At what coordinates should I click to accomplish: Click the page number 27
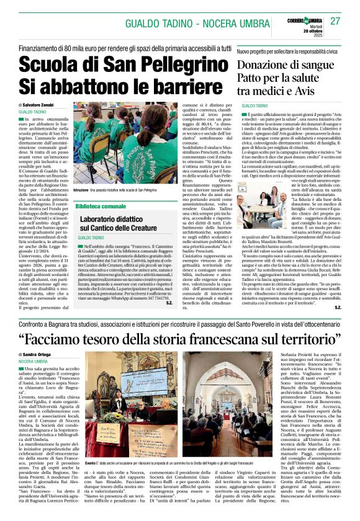click(x=335, y=21)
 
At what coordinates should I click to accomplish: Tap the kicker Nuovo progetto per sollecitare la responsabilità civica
click(x=288, y=50)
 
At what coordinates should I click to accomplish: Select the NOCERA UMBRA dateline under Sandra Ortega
click(x=34, y=361)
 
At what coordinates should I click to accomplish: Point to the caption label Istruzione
click(x=81, y=190)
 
